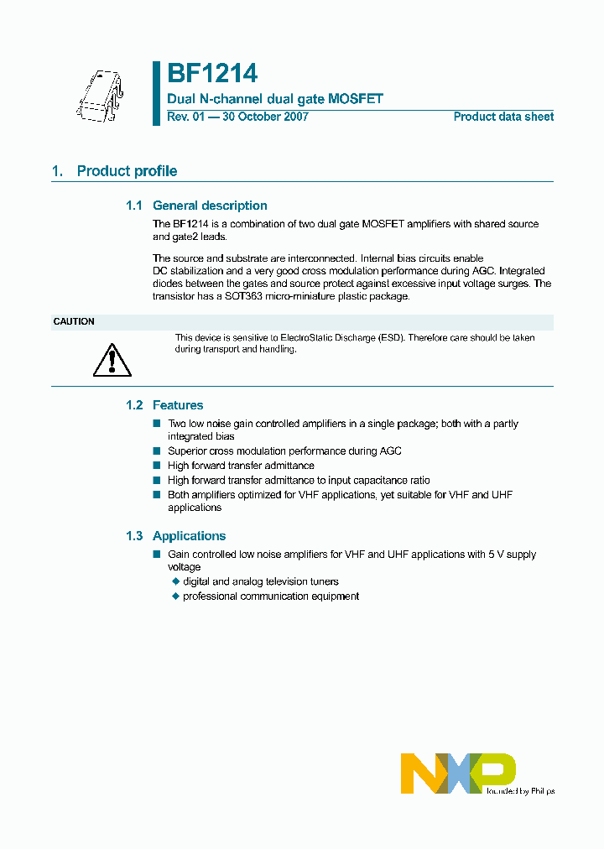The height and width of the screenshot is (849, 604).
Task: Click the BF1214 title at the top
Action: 212,75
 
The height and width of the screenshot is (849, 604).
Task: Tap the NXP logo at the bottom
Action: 458,773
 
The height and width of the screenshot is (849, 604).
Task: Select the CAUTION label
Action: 74,322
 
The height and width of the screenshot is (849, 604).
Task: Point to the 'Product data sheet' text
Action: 503,117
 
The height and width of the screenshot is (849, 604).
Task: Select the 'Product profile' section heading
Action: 127,171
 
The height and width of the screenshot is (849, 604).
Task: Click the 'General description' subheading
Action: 210,206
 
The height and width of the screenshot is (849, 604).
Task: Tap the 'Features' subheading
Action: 178,405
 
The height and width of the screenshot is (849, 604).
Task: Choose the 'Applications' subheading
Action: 189,536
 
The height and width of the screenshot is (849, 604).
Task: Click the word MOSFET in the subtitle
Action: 356,99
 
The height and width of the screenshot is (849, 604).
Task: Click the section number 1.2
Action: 134,405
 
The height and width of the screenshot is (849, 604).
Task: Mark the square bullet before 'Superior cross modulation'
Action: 156,451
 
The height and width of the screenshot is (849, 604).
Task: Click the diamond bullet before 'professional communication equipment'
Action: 176,596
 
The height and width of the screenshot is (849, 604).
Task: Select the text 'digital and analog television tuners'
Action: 261,581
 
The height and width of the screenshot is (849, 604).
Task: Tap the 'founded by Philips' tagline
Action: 520,791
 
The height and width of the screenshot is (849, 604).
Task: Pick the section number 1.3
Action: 134,536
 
